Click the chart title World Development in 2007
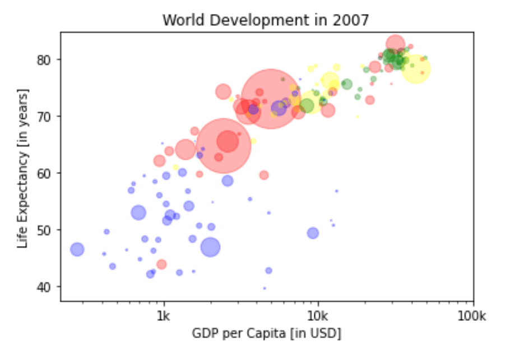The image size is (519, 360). [266, 20]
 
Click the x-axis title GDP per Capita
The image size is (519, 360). [266, 333]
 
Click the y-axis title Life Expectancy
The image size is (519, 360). [23, 168]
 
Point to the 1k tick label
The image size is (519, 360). [164, 316]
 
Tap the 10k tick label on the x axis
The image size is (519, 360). [317, 316]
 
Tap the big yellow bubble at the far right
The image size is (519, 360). [415, 68]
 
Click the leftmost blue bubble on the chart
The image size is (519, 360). [77, 250]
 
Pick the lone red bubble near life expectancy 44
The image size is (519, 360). [161, 264]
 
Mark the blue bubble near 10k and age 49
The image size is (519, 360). [313, 233]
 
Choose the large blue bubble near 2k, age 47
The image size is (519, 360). [210, 247]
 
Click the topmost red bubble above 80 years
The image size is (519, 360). [396, 43]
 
